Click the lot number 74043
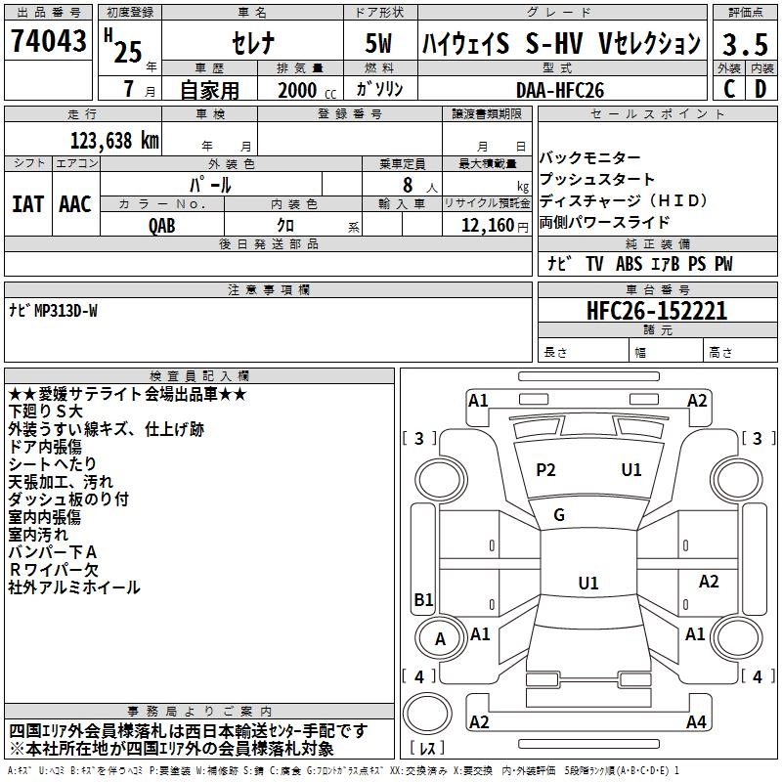coord(48,40)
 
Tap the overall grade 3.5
coord(745,44)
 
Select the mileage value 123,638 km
coord(114,141)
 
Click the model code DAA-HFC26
coord(560,90)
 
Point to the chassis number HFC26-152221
coord(657,311)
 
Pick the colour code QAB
coord(162,226)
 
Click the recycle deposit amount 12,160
coord(488,226)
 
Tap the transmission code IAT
coord(28,204)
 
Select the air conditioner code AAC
coord(75,204)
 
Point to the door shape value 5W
coord(378,43)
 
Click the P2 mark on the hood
coord(545,470)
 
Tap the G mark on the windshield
coord(559,514)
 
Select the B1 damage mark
coord(423,599)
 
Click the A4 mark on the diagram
coord(696,721)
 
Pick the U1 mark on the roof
coord(588,583)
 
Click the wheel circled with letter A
coord(441,638)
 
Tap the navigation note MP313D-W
coord(65,311)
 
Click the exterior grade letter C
coord(729,89)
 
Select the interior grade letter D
coord(760,89)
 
